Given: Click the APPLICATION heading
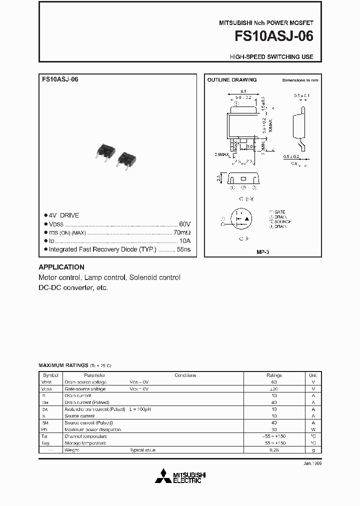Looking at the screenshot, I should point(61,267).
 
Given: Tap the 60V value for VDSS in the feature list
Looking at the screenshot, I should point(184,224).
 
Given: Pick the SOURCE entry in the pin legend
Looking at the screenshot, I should point(282,221).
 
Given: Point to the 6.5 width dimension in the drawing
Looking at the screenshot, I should point(243,91).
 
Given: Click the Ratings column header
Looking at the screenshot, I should point(274,375).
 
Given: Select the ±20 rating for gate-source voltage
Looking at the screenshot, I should point(274,388).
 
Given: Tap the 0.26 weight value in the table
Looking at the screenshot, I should point(274,450).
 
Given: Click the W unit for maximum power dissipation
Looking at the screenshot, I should point(313,429).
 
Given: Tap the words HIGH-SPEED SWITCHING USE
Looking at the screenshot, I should point(271,57).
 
